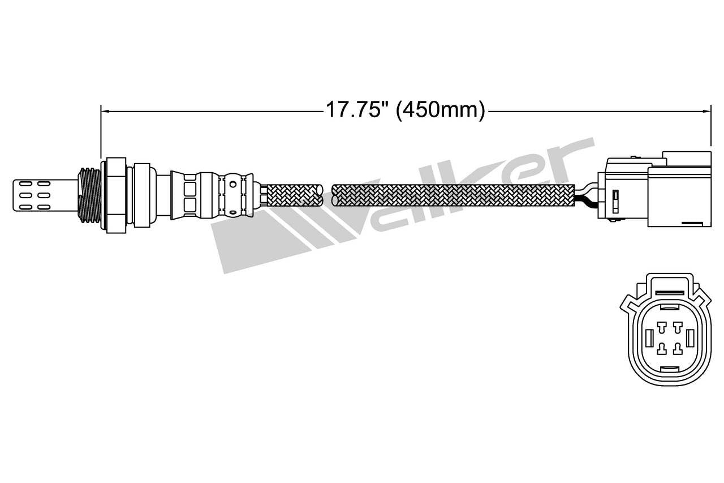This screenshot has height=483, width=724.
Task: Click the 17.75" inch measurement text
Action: pyautogui.click(x=354, y=109)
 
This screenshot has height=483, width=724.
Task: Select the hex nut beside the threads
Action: pyautogui.click(x=115, y=194)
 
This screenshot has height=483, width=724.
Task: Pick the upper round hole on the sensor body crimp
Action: pyautogui.click(x=232, y=183)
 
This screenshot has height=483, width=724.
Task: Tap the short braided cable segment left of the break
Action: pyautogui.click(x=292, y=195)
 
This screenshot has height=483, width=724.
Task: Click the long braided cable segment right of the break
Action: pyautogui.click(x=453, y=195)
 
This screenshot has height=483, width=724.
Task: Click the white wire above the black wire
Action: pyautogui.click(x=588, y=190)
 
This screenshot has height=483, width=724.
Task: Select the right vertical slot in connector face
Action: pyautogui.click(x=689, y=338)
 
